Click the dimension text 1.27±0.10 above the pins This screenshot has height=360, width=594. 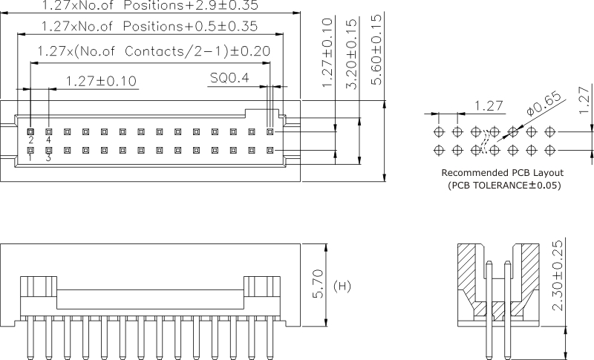pyautogui.click(x=101, y=81)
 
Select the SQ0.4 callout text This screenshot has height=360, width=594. pyautogui.click(x=229, y=78)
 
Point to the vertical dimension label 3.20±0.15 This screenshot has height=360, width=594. pyautogui.click(x=352, y=52)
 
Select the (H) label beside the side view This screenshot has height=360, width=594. pyautogui.click(x=342, y=286)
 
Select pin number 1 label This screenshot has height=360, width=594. pyautogui.click(x=30, y=158)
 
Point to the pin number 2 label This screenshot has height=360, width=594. pyautogui.click(x=30, y=140)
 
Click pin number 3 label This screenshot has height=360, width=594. pyautogui.click(x=48, y=158)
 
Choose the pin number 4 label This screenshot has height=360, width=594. pyautogui.click(x=48, y=140)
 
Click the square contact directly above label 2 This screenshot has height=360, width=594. pyautogui.click(x=30, y=131)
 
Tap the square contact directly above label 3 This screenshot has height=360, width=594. pyautogui.click(x=48, y=150)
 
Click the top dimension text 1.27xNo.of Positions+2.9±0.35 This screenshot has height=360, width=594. pyautogui.click(x=149, y=6)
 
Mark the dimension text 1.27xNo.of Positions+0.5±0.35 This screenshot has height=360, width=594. pyautogui.click(x=149, y=27)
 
